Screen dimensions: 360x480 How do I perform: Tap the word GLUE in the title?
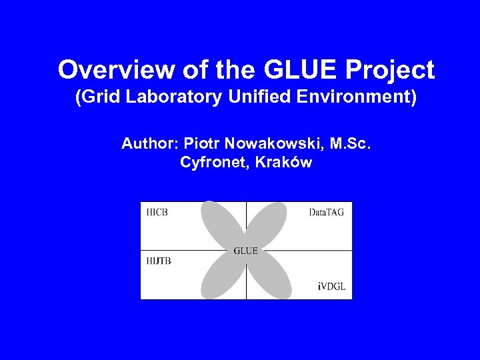pyautogui.click(x=288, y=70)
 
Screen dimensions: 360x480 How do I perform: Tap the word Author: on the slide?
pyautogui.click(x=150, y=143)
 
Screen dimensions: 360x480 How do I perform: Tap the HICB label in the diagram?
pyautogui.click(x=157, y=213)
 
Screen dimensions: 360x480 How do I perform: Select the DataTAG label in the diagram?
pyautogui.click(x=327, y=213)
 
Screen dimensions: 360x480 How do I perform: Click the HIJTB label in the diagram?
pyautogui.click(x=159, y=261)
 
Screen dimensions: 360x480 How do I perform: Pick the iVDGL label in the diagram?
pyautogui.click(x=331, y=287)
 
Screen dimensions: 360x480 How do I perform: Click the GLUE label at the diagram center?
pyautogui.click(x=246, y=251)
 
